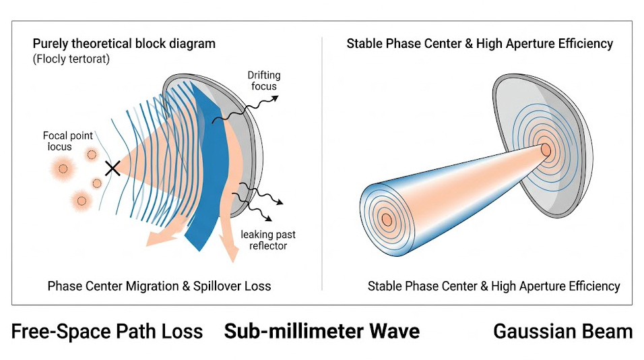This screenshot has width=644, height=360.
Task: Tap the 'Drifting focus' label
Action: pos(264,80)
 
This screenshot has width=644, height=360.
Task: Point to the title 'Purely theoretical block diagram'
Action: pos(124,44)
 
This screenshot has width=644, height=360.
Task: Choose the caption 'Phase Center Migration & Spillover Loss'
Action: pos(159,286)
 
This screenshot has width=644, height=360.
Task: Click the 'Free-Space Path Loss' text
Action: pos(107,331)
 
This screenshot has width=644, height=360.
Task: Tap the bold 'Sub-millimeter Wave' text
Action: pos(321,331)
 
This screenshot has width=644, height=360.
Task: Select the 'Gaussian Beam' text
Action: pos(562,331)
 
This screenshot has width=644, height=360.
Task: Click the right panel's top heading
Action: pos(480,44)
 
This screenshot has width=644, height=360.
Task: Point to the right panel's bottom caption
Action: pos(493,286)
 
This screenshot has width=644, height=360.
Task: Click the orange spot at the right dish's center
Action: pos(546,148)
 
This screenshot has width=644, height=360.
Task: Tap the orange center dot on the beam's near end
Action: pos(386,219)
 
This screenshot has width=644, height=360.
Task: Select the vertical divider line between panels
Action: pos(322,162)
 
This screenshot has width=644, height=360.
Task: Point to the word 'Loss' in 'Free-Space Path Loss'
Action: pos(181,331)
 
